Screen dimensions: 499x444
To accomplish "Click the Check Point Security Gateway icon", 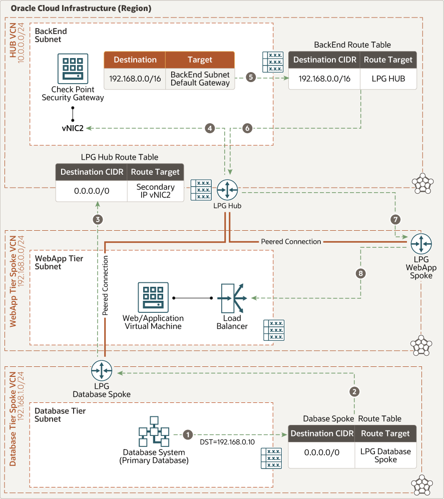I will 73,69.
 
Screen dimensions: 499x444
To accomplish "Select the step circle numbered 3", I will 98,219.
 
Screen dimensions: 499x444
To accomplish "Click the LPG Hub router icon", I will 227,190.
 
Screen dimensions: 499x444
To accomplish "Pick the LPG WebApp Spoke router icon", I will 420,244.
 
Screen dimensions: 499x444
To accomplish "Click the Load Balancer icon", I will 232,298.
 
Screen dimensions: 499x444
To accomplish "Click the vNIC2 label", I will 73,129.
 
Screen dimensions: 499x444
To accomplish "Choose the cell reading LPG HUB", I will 388,78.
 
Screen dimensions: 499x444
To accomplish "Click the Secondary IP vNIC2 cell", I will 155,191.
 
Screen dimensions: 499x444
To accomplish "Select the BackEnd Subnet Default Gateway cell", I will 200,79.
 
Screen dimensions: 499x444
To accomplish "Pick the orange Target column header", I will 200,60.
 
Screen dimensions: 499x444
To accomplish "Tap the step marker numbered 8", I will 359,273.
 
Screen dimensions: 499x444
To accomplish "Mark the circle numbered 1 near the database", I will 188,434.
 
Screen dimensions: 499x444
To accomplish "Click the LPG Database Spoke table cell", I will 385,455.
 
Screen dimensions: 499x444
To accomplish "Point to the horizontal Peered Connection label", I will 291,241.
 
